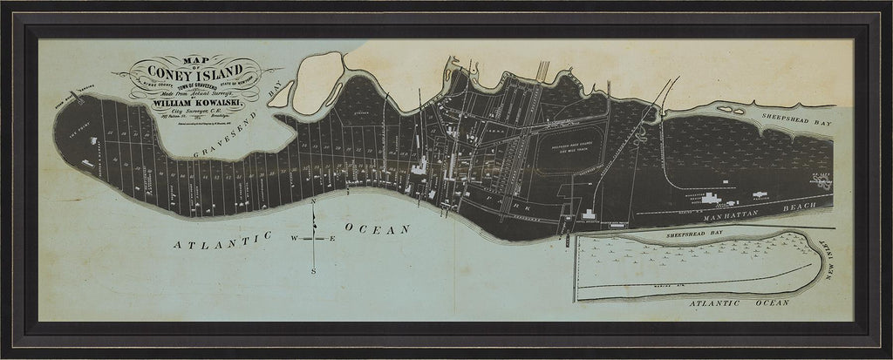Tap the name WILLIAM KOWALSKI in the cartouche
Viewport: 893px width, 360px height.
pyautogui.click(x=194, y=103)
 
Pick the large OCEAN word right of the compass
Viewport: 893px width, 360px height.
pyautogui.click(x=377, y=229)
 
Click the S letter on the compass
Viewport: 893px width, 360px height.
pyautogui.click(x=314, y=270)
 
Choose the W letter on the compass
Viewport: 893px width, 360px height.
pyautogui.click(x=295, y=238)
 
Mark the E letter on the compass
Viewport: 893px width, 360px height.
pyautogui.click(x=331, y=238)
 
